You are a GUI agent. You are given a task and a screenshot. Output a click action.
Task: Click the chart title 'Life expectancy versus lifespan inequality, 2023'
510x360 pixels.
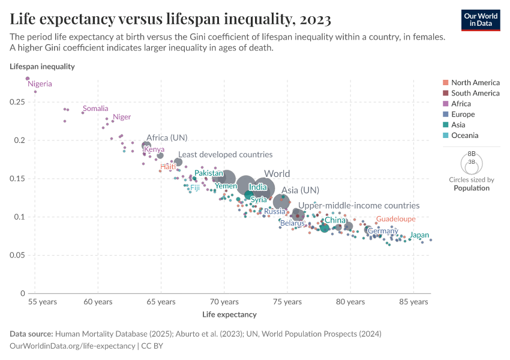click(170, 19)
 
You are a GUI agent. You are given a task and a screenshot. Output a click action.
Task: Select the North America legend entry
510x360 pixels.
click(475, 82)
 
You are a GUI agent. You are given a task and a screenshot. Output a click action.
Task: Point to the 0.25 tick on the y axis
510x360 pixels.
click(17, 103)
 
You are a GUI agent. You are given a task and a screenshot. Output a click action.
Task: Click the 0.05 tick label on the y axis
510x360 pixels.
click(17, 256)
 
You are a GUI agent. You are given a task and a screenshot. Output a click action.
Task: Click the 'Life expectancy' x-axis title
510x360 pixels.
click(229, 314)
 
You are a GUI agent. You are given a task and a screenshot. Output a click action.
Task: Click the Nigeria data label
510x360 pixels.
click(40, 84)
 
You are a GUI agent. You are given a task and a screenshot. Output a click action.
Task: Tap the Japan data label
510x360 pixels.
click(419, 235)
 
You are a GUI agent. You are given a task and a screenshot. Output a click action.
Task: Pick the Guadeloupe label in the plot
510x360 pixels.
click(395, 219)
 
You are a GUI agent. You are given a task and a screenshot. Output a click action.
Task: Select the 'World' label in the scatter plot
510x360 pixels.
click(277, 174)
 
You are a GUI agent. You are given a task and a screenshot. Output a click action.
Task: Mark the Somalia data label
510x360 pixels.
click(95, 109)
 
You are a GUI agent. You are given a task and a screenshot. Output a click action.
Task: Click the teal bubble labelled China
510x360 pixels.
click(325, 228)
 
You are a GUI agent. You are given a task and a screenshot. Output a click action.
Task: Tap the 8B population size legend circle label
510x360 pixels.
click(471, 154)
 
